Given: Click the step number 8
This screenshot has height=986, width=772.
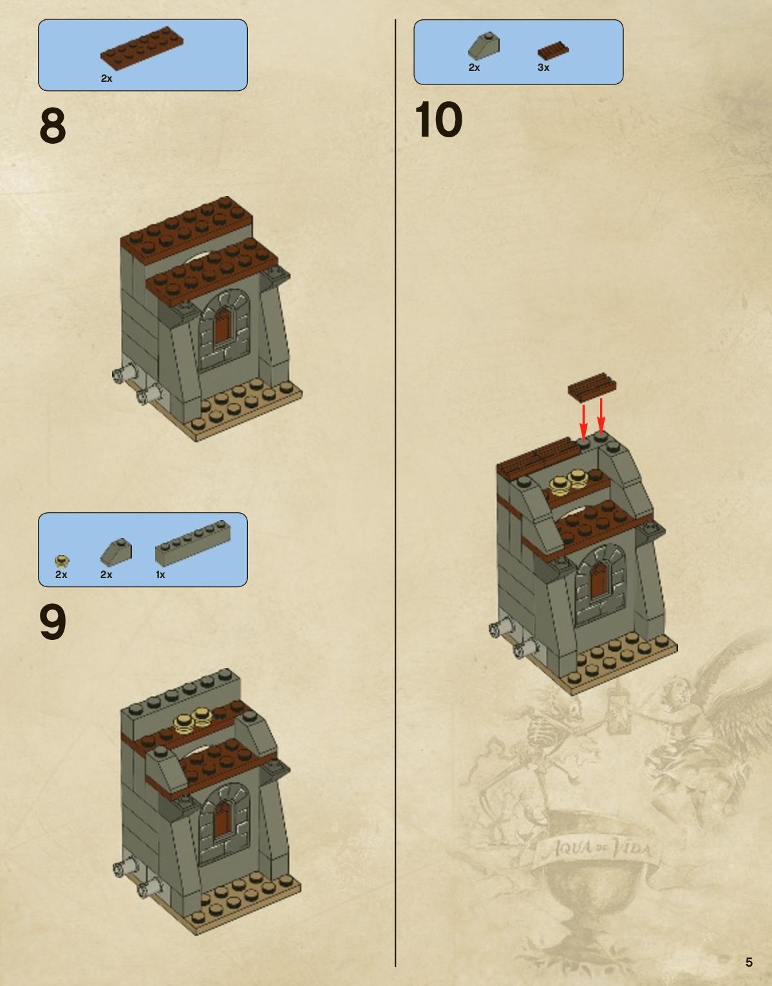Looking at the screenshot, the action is coord(53,125).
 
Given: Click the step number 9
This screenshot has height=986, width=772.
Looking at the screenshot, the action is coord(53,622).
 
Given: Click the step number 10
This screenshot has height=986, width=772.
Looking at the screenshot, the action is coord(438,119).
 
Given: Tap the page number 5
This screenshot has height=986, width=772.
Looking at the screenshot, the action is coord(749,962).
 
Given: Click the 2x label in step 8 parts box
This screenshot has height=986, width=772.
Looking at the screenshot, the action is coord(106,79).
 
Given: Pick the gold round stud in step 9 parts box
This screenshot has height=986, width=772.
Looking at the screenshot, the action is coord(62,561).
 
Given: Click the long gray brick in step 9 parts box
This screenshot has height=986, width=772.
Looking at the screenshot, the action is coord(193,543).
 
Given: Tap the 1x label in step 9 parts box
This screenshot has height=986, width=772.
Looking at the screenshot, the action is coord(160,574).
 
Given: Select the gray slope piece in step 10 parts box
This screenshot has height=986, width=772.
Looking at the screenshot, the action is coord(484,46).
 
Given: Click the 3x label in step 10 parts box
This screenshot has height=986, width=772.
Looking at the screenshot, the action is coord(543,68).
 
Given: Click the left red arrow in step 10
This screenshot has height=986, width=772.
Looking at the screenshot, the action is coord(584,421).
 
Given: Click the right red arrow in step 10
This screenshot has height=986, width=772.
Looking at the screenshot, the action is coord(601,415).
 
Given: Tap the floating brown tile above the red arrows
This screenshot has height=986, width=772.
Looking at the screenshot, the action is coord(592,387).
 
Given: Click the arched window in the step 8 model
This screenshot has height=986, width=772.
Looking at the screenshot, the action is coord(225,332).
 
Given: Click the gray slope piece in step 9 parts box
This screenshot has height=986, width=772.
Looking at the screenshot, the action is coord(116,551).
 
